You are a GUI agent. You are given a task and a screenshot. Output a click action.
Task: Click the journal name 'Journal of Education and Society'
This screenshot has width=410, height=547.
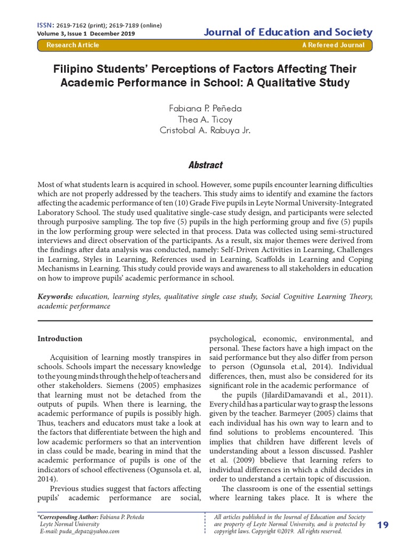coord(288,32)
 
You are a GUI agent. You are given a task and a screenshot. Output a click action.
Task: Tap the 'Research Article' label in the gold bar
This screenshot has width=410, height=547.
coord(73,45)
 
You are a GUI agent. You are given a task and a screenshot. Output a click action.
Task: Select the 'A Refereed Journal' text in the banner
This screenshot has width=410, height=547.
coord(333,45)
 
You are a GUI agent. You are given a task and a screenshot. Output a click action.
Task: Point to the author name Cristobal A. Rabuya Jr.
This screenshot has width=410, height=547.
coord(204,131)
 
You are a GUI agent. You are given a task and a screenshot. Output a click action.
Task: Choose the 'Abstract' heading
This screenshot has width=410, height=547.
coord(204,165)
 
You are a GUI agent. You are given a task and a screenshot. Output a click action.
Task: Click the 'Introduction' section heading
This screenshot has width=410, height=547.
coord(60,339)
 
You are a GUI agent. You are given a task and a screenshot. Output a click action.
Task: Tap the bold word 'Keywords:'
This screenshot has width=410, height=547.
coord(55,296)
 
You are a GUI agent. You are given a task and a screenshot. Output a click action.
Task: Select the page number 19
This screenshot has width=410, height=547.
coord(383,525)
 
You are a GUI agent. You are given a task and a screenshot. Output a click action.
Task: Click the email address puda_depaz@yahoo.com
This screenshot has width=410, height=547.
coord(89,532)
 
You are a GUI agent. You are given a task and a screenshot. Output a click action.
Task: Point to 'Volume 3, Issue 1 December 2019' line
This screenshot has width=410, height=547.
coord(86,33)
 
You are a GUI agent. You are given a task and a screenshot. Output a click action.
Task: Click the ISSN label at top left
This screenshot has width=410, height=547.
coord(43,26)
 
